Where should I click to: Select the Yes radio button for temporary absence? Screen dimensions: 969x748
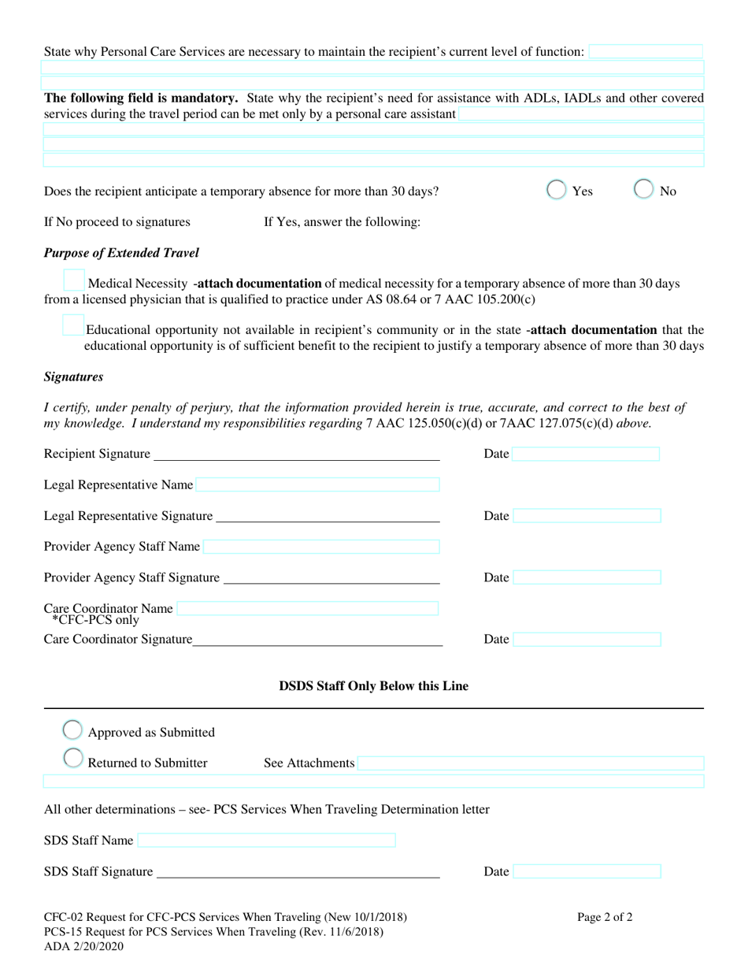(557, 190)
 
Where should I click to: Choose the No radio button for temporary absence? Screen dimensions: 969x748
(643, 190)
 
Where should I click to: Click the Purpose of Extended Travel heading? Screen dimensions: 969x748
(121, 253)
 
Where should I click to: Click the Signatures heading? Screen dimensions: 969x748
(73, 377)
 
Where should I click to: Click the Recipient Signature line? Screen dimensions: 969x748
(296, 455)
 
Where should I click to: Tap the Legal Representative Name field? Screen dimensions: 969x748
(317, 484)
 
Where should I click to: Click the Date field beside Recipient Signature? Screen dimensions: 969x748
(586, 454)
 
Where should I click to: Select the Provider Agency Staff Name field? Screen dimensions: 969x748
(321, 546)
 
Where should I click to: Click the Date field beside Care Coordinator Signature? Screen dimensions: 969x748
(587, 639)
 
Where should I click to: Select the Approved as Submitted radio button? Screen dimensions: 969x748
(72, 730)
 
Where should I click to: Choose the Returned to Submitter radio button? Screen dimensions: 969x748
(72, 759)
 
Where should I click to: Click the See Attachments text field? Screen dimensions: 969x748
(530, 763)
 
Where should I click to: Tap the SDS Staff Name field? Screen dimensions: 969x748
(266, 841)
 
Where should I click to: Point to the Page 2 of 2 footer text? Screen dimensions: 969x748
(605, 917)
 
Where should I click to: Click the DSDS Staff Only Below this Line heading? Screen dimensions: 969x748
(373, 686)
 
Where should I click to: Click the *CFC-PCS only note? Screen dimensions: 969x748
(95, 621)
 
